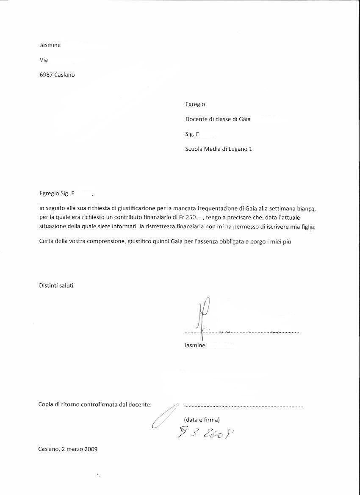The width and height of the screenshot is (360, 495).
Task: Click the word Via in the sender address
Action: pos(44,60)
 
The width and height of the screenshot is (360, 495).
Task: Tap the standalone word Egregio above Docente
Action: pos(195,104)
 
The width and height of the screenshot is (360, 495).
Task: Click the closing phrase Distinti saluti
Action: pos(56,285)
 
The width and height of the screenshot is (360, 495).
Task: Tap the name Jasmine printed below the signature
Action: pos(195,346)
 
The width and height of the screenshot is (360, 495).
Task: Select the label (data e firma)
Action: pos(202,420)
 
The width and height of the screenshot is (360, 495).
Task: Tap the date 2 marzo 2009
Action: pos(80,449)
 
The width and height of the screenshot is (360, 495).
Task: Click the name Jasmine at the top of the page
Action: pos(50,45)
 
